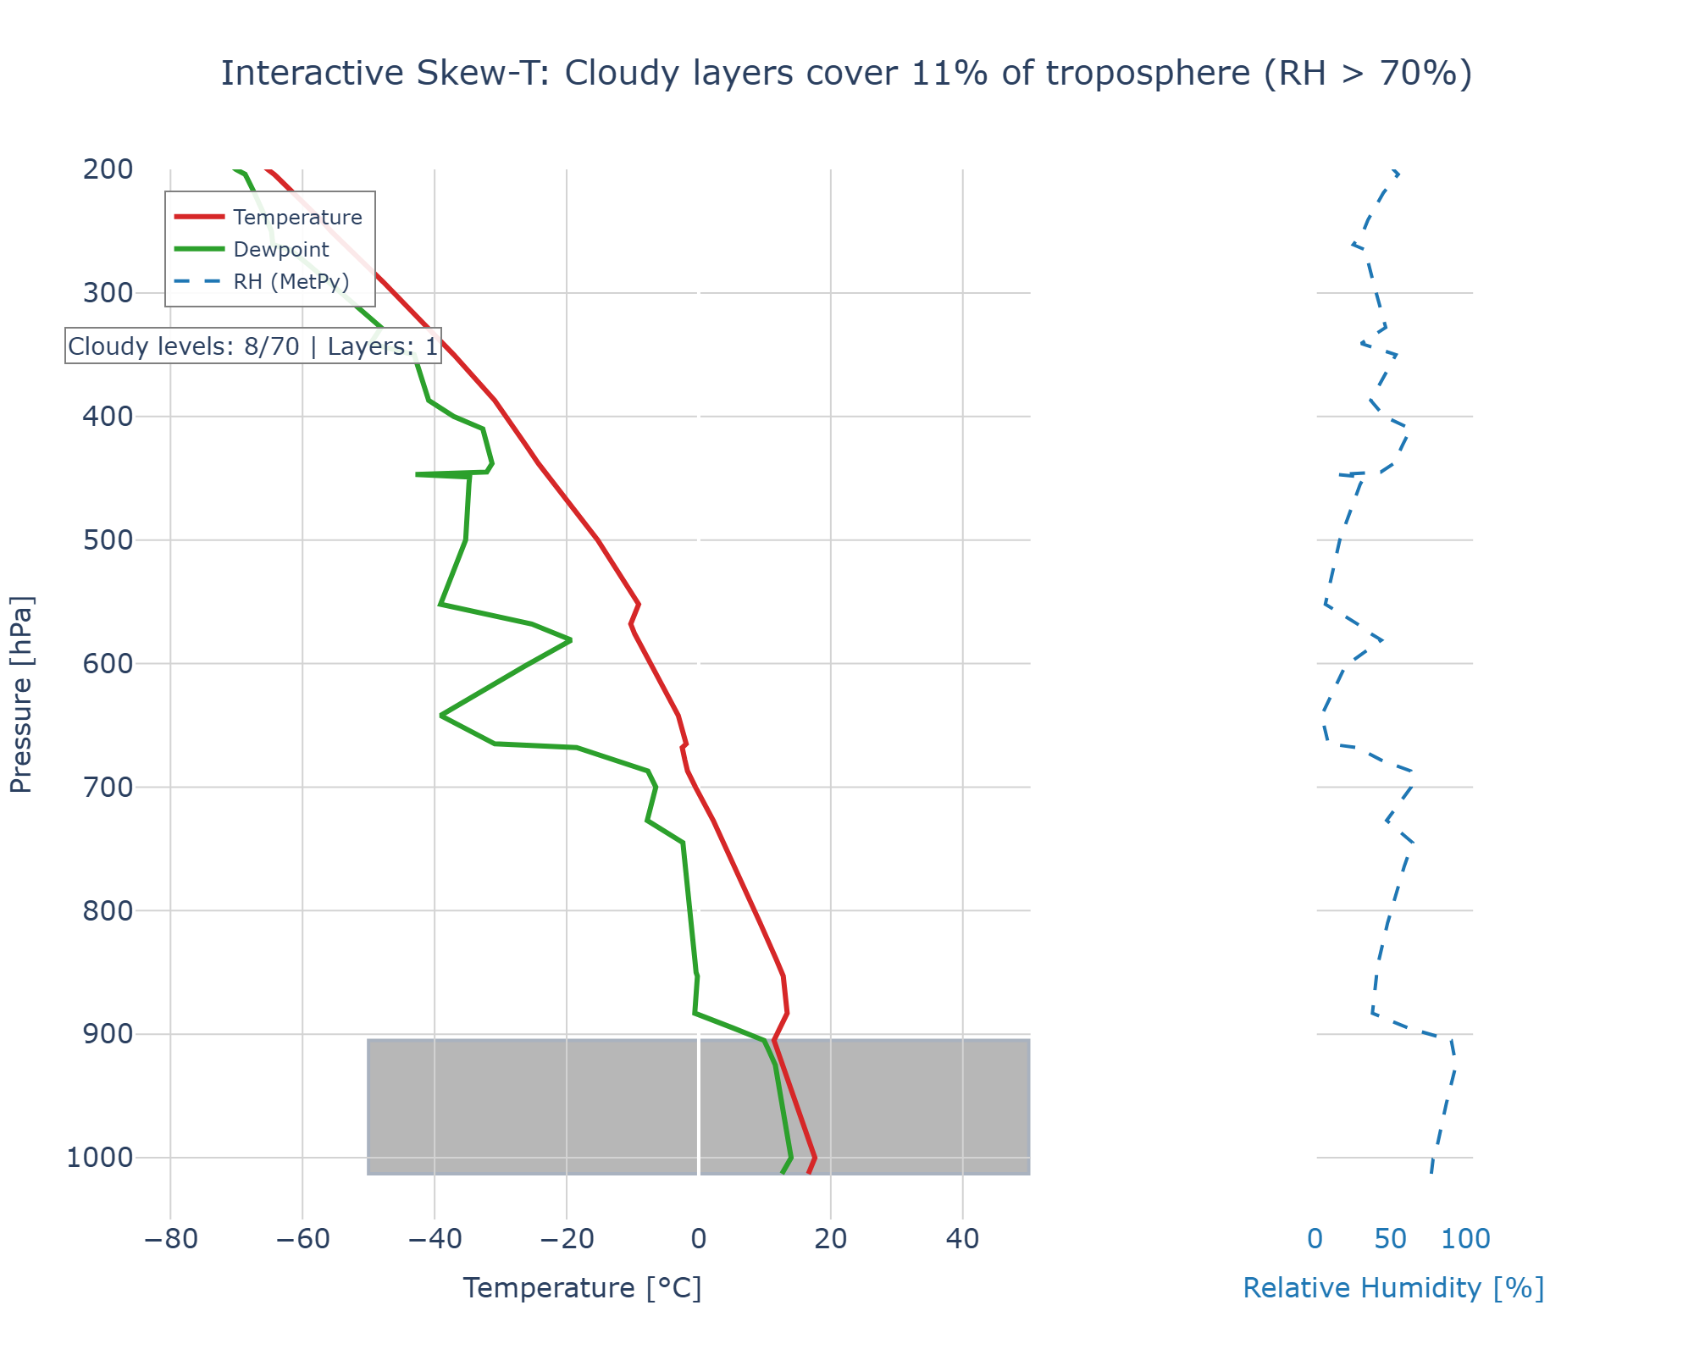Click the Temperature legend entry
pyautogui.click(x=297, y=218)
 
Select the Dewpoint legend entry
pyautogui.click(x=280, y=250)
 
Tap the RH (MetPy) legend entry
pyautogui.click(x=291, y=282)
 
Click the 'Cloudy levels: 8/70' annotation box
pyautogui.click(x=252, y=346)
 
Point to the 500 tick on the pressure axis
pyautogui.click(x=108, y=540)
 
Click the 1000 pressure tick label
pyautogui.click(x=100, y=1158)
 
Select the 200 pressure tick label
pyautogui.click(x=108, y=169)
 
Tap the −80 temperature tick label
pyautogui.click(x=170, y=1240)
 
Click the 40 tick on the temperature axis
pyautogui.click(x=962, y=1240)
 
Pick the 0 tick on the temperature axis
pyautogui.click(x=699, y=1240)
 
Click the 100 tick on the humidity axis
pyautogui.click(x=1466, y=1240)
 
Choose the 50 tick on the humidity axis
pyautogui.click(x=1391, y=1240)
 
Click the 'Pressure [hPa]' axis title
pyautogui.click(x=21, y=694)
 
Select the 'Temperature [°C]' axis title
pyautogui.click(x=583, y=1288)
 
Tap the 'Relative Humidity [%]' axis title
pyautogui.click(x=1393, y=1288)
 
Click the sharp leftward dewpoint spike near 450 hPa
pyautogui.click(x=417, y=474)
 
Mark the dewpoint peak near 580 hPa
pyautogui.click(x=570, y=639)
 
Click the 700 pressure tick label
pyautogui.click(x=108, y=788)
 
